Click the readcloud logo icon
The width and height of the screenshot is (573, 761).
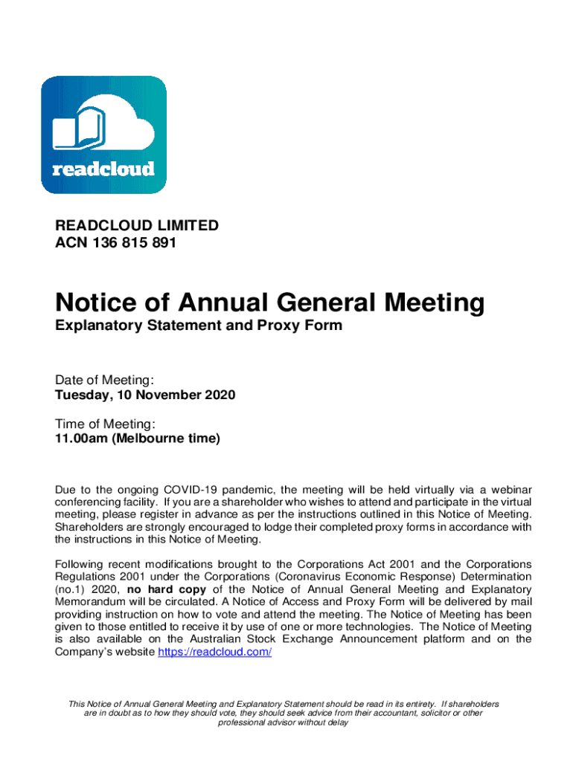tap(103, 135)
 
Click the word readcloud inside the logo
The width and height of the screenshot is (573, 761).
tap(103, 169)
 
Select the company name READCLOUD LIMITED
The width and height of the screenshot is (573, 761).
tap(137, 225)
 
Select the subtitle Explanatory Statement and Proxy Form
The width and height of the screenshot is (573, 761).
tap(199, 326)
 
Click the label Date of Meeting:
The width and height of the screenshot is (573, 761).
tap(104, 380)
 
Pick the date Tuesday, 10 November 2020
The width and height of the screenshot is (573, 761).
tap(145, 395)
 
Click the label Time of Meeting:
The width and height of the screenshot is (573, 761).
tap(105, 424)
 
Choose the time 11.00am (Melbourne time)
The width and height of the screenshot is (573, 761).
tap(138, 438)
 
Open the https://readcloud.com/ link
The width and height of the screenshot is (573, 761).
tap(215, 652)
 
